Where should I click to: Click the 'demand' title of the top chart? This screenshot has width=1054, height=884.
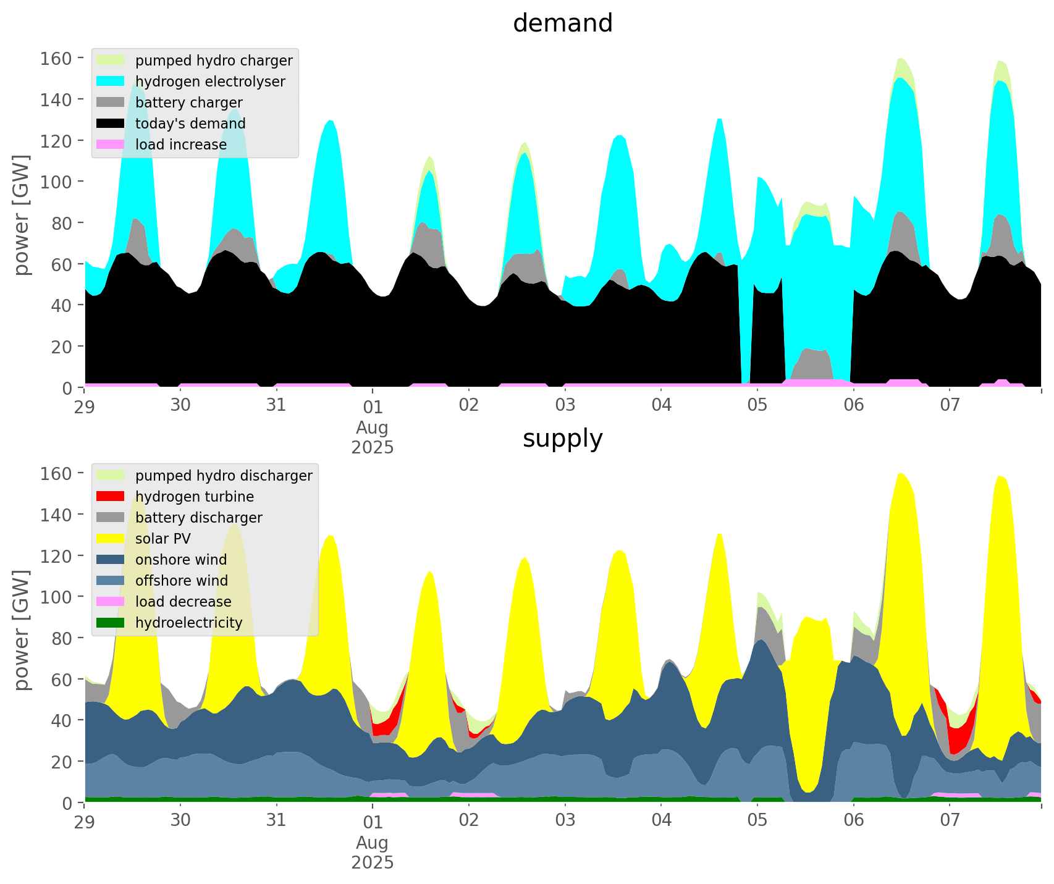pos(562,23)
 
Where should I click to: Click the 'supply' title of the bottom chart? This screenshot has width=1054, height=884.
pos(562,439)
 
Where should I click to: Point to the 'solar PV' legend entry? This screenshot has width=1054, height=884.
pos(163,539)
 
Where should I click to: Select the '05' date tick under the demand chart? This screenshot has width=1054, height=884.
pos(757,406)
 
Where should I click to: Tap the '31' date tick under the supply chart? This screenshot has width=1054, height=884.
pos(276,822)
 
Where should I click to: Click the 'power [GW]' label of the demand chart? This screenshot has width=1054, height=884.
pos(22,215)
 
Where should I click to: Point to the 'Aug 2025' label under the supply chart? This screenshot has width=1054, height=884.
pos(373,852)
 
